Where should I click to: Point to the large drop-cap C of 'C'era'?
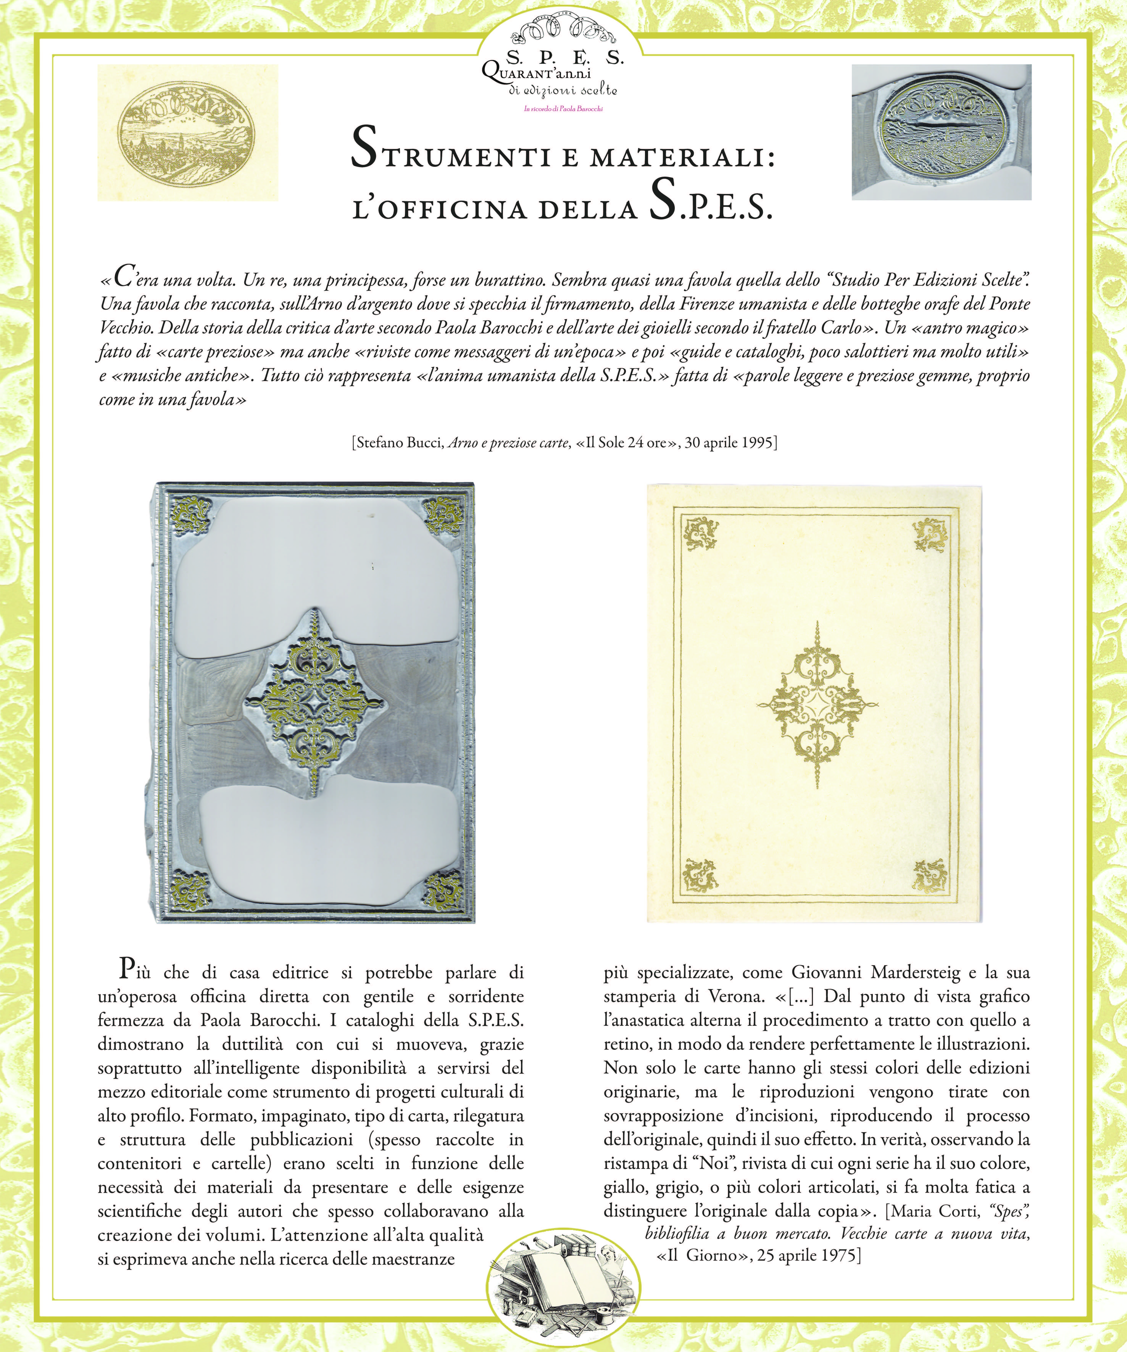(124, 277)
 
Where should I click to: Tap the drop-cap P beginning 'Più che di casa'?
(127, 968)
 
